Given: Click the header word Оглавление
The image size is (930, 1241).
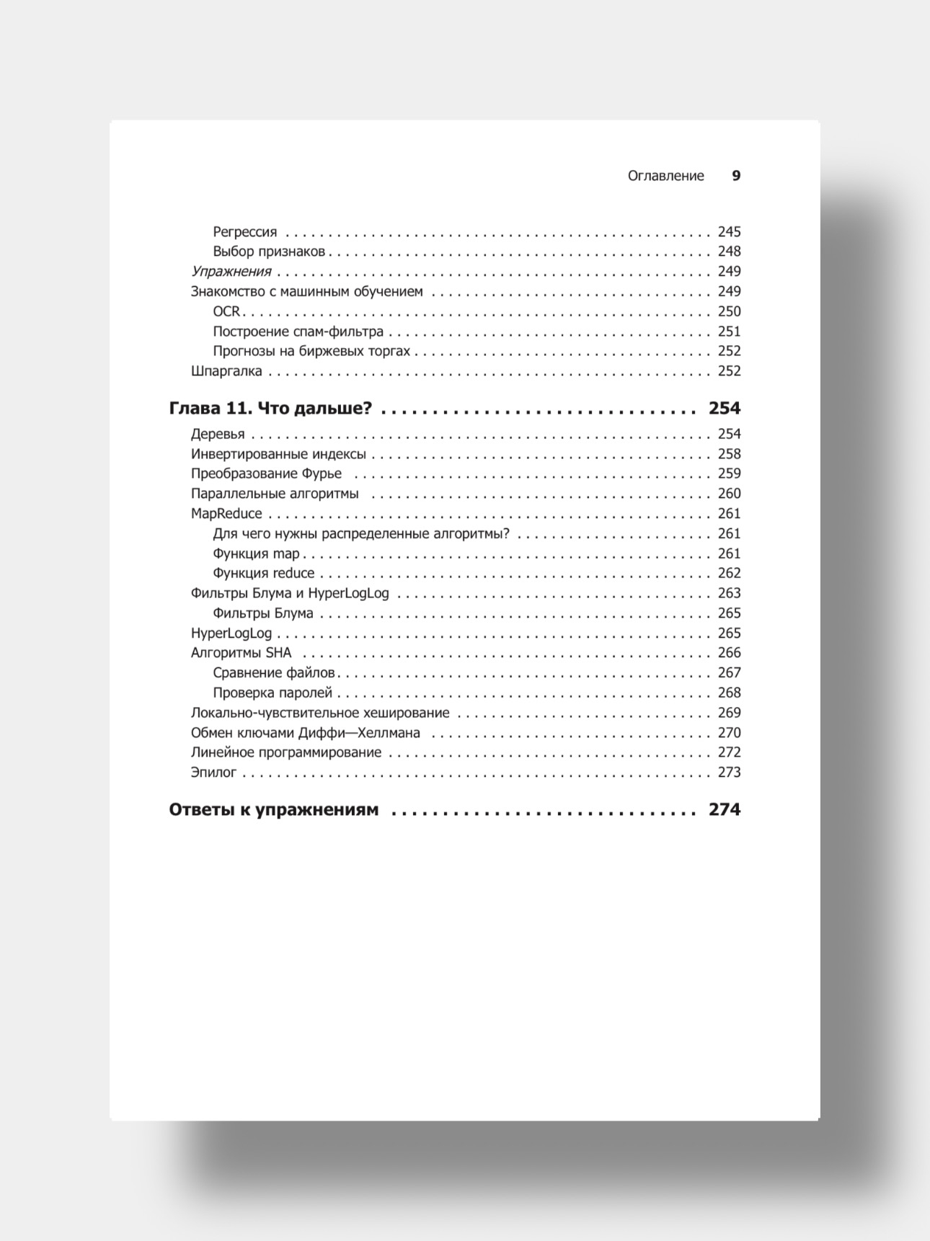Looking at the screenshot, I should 665,176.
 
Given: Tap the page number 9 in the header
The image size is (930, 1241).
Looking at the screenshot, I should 736,176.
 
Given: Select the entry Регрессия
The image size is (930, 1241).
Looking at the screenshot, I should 245,232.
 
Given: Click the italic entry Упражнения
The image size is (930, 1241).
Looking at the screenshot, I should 231,272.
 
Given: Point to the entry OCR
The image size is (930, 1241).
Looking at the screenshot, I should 226,311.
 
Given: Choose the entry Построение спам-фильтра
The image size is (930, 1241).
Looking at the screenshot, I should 298,332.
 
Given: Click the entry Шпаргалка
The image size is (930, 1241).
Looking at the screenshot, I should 226,371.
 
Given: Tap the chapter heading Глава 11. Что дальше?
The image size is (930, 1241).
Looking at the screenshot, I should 270,409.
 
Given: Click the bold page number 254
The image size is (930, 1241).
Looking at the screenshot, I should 725,409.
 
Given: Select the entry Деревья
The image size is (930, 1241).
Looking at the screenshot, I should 218,434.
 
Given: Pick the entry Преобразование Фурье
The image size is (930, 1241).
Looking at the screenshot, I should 267,473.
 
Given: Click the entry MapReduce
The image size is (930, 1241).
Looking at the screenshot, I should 226,514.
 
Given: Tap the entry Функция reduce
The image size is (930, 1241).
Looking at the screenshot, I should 264,574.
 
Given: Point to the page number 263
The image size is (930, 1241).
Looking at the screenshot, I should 729,593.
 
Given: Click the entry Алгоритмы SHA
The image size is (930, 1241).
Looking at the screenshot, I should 242,653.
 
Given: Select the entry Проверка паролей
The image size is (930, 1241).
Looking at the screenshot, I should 273,693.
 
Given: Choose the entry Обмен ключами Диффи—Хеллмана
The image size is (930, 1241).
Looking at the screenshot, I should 306,733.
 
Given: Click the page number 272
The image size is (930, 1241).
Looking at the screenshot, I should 729,752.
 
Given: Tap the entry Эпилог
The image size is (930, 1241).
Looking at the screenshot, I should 214,773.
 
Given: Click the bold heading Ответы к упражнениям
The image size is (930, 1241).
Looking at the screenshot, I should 274,810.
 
